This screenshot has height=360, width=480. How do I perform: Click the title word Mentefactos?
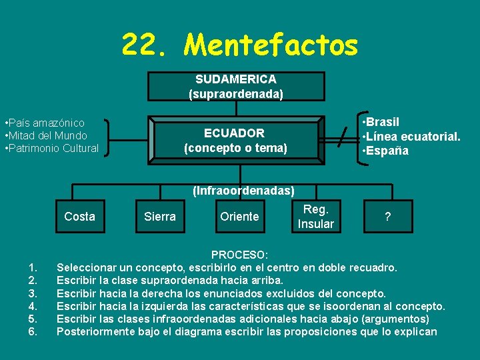point(271,45)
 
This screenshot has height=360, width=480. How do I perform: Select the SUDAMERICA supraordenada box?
point(236,87)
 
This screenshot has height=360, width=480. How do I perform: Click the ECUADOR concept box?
point(235,140)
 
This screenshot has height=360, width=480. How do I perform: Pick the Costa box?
point(79,216)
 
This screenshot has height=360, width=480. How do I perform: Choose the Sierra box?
point(160,216)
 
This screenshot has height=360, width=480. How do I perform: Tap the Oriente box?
point(239,216)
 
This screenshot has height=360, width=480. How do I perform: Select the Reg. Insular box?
point(315,216)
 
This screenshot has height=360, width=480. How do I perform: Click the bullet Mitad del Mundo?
point(45,135)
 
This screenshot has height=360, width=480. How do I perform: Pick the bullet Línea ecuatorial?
point(411,137)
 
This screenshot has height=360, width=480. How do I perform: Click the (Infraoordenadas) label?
point(243,191)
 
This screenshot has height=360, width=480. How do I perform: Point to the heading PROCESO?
point(240,255)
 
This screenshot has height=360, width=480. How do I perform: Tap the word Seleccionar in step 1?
point(89,268)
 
